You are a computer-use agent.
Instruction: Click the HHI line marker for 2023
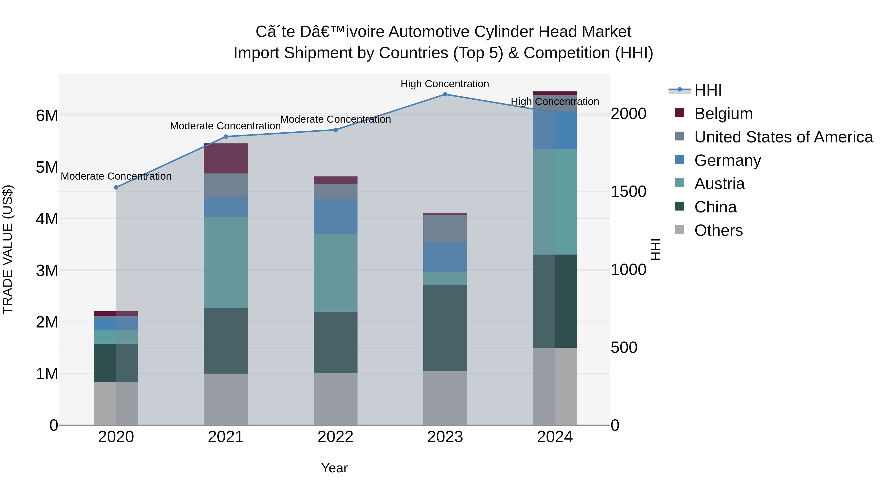[445, 94]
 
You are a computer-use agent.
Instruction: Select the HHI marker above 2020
[116, 187]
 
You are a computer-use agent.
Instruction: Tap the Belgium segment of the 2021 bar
[225, 158]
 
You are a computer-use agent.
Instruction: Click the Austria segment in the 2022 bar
[335, 273]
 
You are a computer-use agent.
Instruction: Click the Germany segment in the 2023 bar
[445, 257]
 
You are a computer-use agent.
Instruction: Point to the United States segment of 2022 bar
[335, 191]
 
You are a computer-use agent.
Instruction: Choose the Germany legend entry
[727, 160]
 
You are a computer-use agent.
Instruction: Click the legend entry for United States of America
[783, 137]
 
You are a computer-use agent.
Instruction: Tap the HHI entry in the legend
[708, 90]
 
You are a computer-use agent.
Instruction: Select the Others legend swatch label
[718, 230]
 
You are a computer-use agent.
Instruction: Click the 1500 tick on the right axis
[628, 192]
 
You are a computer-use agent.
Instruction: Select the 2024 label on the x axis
[554, 437]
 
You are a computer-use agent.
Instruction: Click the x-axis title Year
[334, 468]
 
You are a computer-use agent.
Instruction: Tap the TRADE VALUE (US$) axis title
[8, 249]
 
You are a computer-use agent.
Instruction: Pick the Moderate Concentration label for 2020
[116, 176]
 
